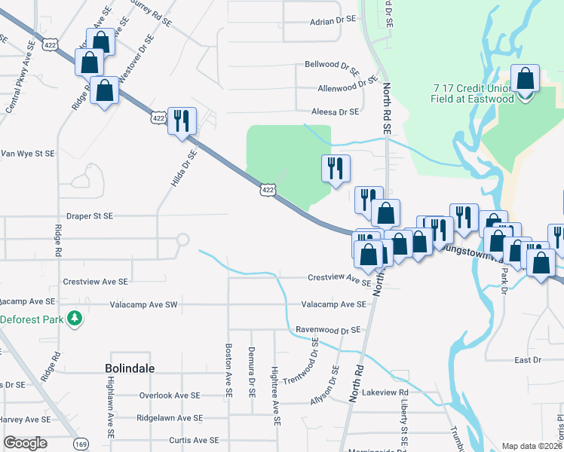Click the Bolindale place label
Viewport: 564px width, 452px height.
click(x=130, y=368)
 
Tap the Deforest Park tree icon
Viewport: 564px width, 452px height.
click(x=74, y=319)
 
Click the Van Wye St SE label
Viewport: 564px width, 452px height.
click(x=27, y=153)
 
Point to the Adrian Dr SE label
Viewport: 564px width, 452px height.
click(x=332, y=21)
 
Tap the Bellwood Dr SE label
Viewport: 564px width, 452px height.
click(x=332, y=66)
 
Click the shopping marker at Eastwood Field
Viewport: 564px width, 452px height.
click(x=525, y=78)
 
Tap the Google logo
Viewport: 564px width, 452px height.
click(x=26, y=442)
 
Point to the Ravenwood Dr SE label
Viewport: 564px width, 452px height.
click(x=328, y=330)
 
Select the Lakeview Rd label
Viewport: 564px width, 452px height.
click(x=385, y=392)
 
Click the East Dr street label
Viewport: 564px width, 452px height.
click(x=528, y=360)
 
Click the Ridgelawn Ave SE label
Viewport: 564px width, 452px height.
click(x=170, y=417)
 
